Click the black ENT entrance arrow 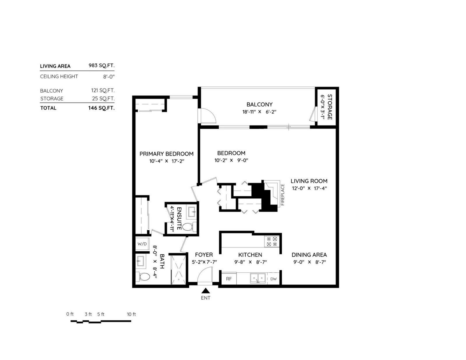pos(206,290)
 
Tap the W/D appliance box pos(142,244)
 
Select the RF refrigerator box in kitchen pos(229,279)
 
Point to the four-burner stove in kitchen pos(272,241)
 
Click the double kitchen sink pos(258,278)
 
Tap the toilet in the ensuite pos(189,227)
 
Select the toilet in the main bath pos(143,277)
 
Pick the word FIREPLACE pos(283,195)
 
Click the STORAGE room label pos(330,107)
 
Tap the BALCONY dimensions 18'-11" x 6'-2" pos(259,112)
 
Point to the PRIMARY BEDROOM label pos(166,154)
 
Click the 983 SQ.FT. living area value pos(102,66)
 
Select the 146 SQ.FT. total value pos(101,108)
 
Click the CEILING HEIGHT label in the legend pos(59,76)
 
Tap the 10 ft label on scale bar pos(131,314)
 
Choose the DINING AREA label pos(309,255)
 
